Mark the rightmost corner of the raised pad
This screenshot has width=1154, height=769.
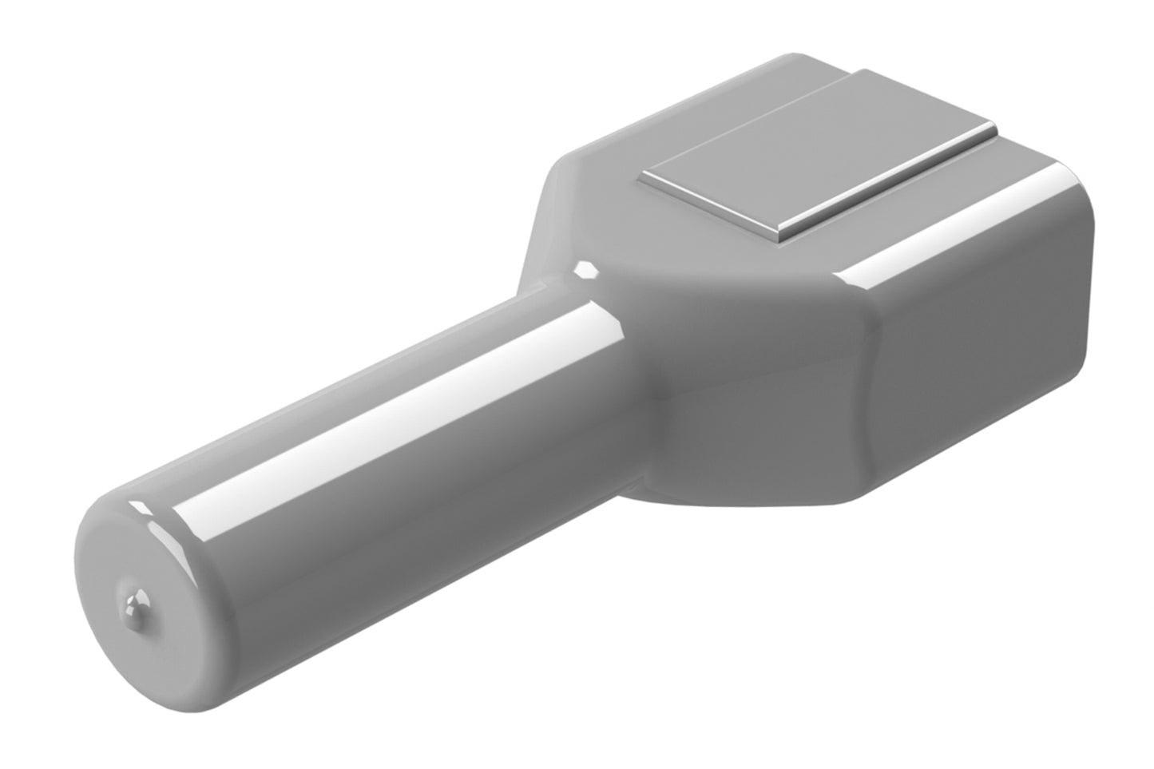(x=994, y=128)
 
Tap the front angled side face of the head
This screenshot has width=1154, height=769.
(x=759, y=391)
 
